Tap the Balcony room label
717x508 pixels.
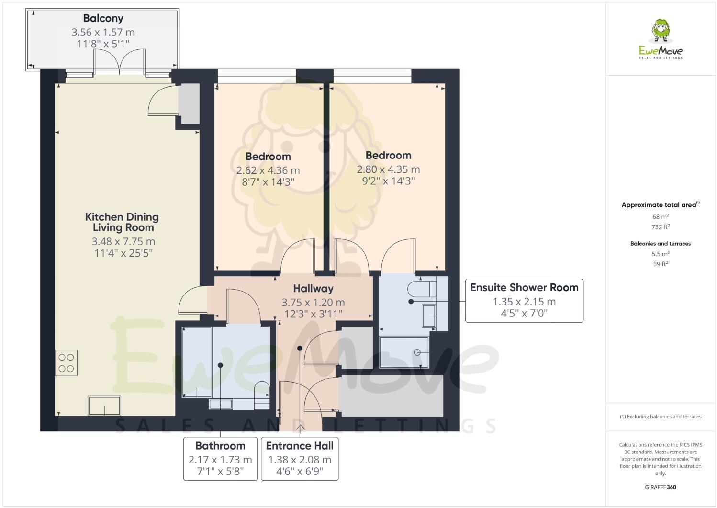(103, 18)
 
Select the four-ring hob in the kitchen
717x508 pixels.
(66, 363)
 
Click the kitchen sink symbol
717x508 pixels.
(104, 406)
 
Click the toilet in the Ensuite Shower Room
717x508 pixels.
(421, 289)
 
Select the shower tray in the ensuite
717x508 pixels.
(403, 352)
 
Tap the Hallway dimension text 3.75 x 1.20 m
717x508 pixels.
(313, 303)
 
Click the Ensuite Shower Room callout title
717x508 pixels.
(524, 287)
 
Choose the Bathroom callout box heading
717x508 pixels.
(220, 446)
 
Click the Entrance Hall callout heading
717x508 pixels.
(300, 446)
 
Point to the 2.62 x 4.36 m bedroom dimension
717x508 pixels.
(268, 170)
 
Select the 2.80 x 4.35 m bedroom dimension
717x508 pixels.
(388, 169)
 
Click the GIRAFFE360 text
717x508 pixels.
(661, 488)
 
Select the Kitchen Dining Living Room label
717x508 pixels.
(122, 222)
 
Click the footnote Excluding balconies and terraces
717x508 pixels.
(661, 417)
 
